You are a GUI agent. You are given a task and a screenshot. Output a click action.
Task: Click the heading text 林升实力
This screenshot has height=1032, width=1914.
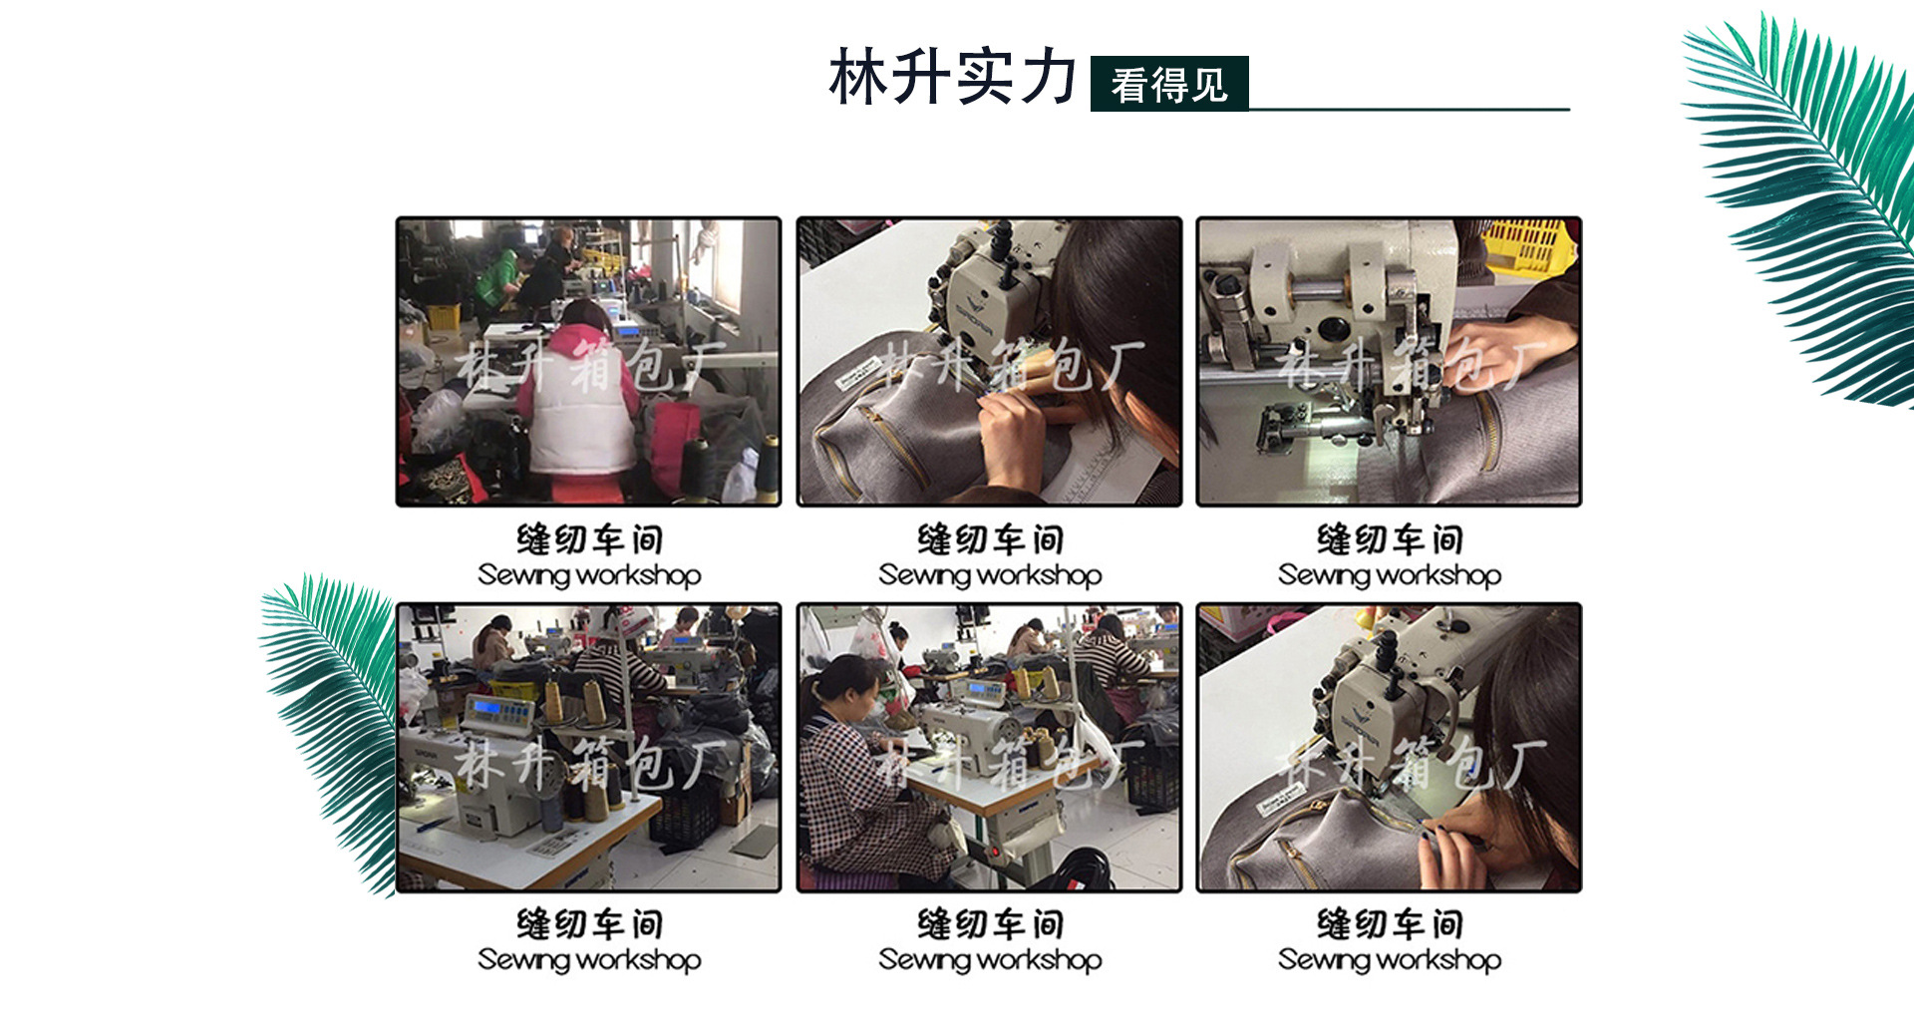(x=953, y=77)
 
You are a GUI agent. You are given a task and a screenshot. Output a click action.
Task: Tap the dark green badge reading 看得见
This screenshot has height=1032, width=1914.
(x=1169, y=84)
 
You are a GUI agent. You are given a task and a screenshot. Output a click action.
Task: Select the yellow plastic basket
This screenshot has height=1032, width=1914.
(x=1527, y=244)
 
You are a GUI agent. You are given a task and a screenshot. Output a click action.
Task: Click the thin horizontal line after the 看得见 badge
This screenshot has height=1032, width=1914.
(x=1410, y=109)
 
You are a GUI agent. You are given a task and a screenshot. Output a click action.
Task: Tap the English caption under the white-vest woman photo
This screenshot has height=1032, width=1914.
(x=589, y=575)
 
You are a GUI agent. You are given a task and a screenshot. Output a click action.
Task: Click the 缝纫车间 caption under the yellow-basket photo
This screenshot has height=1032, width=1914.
(x=1390, y=539)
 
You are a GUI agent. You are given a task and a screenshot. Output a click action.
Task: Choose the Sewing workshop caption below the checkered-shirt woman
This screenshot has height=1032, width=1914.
(x=990, y=960)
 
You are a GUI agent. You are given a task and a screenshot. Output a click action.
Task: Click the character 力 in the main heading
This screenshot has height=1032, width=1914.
(x=1047, y=77)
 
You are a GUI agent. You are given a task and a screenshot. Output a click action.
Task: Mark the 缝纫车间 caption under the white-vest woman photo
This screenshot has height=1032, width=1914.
(x=589, y=539)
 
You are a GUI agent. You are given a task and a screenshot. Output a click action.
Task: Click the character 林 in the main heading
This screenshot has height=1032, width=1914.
(x=859, y=77)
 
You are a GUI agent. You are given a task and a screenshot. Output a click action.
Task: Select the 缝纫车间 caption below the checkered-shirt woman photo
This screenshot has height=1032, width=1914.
(x=990, y=924)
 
